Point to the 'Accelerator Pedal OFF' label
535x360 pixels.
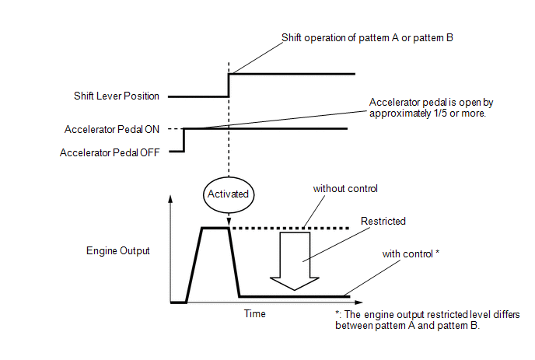(x=110, y=152)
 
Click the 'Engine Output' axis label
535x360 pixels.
(x=118, y=250)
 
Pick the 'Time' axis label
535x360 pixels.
(x=254, y=314)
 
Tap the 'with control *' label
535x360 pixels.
(x=411, y=254)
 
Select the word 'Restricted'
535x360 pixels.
(x=383, y=222)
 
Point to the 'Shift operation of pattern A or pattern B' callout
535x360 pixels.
(x=365, y=37)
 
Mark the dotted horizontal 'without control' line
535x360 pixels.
(x=295, y=228)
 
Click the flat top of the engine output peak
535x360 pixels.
(x=214, y=228)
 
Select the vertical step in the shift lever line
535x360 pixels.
(x=228, y=86)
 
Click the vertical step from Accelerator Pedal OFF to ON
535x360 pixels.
(x=184, y=140)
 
